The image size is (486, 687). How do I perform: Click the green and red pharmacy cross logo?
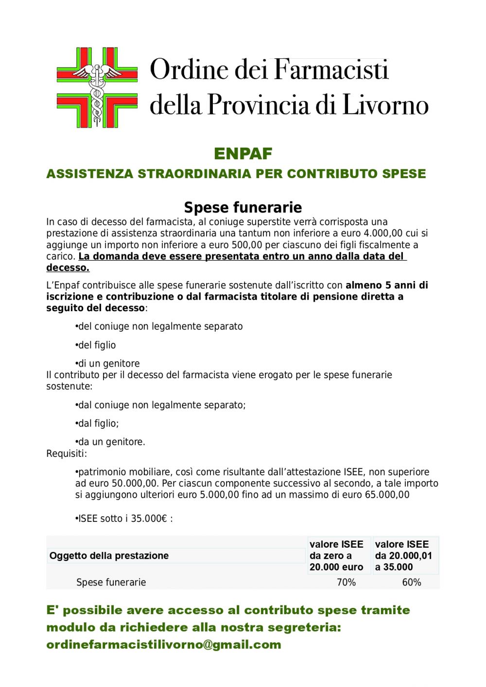point(97,87)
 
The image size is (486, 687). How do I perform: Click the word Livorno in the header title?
point(385,105)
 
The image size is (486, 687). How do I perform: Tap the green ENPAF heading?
point(243,153)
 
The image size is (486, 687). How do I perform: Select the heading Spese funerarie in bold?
point(243,207)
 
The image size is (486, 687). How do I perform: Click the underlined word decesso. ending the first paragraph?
point(68,268)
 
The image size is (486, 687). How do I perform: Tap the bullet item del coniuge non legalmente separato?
point(159,326)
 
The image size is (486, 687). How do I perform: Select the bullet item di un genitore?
point(108,363)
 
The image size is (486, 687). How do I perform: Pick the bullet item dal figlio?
point(97,423)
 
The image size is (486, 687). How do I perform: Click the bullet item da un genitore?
point(111,442)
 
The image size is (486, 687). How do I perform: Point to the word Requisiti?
point(67,453)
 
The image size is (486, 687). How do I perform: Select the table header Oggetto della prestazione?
point(109,555)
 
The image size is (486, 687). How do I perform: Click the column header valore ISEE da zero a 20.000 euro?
point(336,555)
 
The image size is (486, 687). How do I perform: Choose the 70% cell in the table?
point(346,582)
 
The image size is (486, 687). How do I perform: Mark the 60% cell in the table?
point(411,582)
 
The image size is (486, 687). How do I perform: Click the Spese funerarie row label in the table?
point(111,582)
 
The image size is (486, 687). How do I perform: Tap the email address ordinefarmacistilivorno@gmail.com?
point(164,645)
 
